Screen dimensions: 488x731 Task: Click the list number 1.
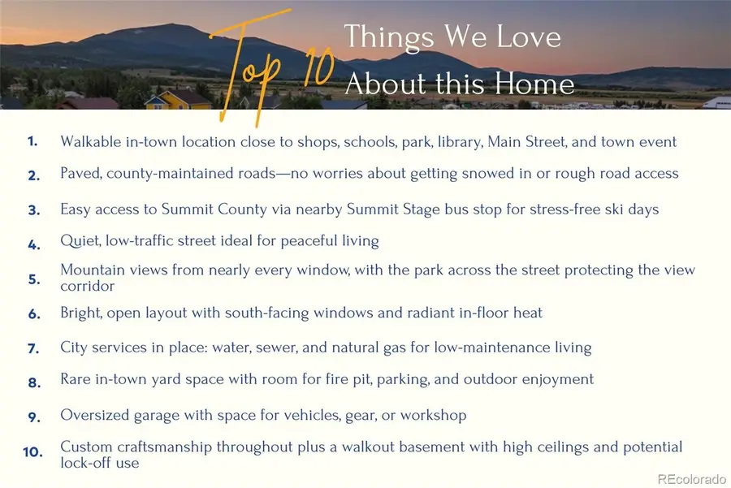[x=32, y=141]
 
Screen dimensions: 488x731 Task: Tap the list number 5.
[x=33, y=279]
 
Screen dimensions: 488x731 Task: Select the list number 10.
[x=32, y=451]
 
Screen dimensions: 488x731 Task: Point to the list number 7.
[x=33, y=348]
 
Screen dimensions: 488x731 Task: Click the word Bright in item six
[x=81, y=313]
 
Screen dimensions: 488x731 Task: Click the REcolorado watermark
[x=690, y=477]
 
